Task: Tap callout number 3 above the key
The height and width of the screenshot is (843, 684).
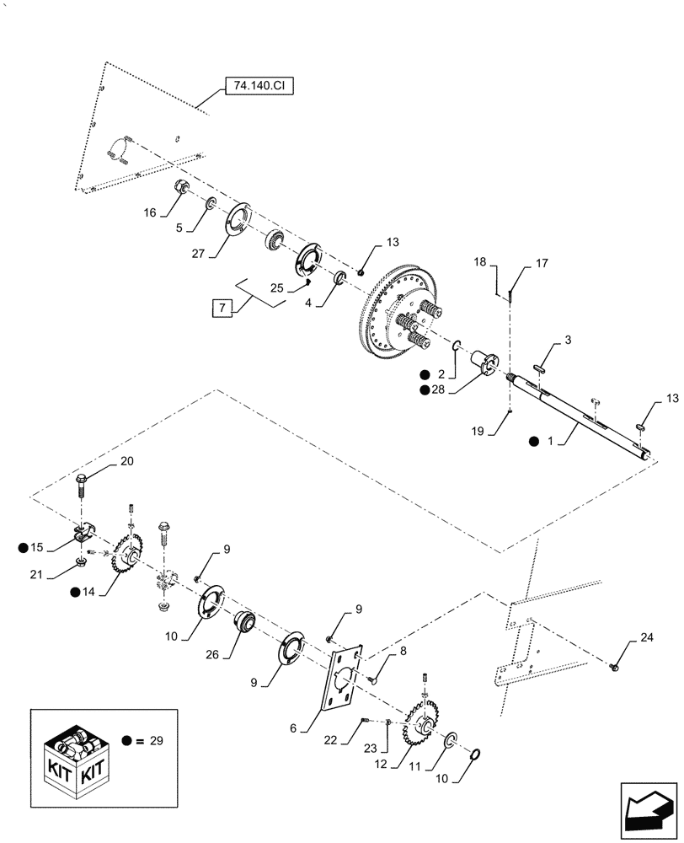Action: [x=568, y=340]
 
